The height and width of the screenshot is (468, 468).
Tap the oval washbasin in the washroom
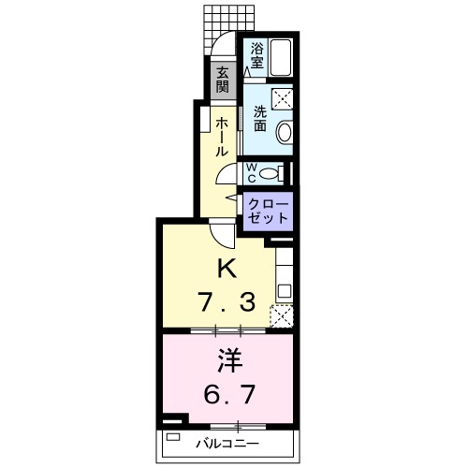tap(285, 133)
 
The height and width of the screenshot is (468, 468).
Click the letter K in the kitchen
tap(225, 269)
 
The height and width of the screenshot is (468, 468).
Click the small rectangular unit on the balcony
tap(170, 437)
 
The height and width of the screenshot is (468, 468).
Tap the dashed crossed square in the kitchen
tap(282, 314)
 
